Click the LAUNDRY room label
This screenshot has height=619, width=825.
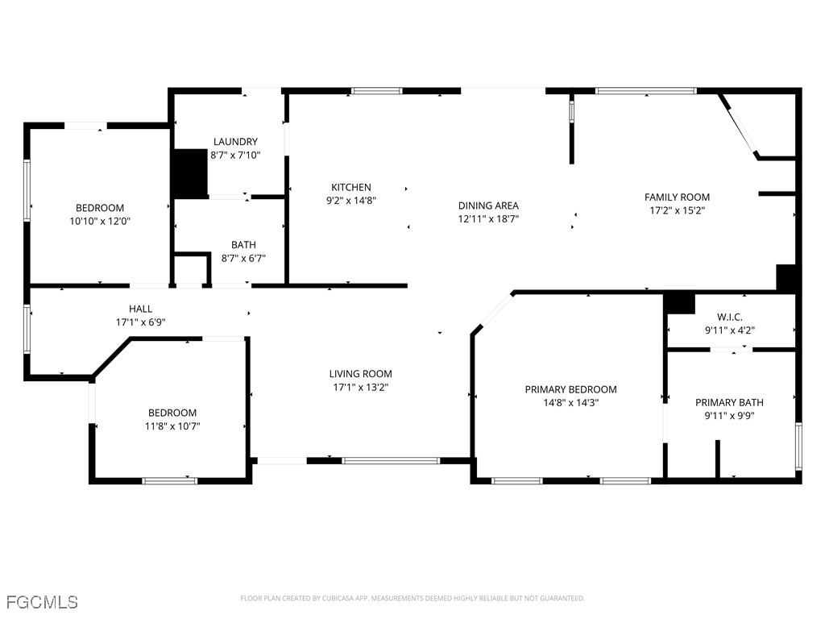point(235,142)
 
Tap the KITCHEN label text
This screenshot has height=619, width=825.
point(351,187)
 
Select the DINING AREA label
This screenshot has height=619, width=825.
point(488,206)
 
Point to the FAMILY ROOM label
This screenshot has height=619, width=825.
point(677,197)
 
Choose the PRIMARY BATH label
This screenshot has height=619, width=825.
point(729,402)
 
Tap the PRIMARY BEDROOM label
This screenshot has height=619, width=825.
point(570,389)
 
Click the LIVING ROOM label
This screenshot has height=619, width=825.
point(360,373)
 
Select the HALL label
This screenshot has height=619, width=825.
point(140,309)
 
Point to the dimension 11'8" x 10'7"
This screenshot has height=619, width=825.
point(172,426)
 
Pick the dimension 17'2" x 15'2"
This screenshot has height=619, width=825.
point(677,210)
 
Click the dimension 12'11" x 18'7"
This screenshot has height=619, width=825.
point(488,218)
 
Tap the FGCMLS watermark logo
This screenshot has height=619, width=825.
point(42,602)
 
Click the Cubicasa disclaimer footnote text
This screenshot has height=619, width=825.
point(412,598)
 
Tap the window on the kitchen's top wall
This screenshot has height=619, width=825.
point(377,91)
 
